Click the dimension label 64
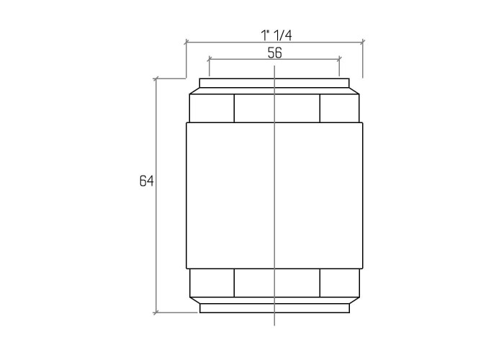coord(147,181)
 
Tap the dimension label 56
coord(275,53)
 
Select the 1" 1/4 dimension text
coord(276,35)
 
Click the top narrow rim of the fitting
coord(274,83)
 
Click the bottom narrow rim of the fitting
coord(274,308)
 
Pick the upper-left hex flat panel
coord(212,108)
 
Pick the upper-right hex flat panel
coord(340,108)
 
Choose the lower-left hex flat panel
coord(212,283)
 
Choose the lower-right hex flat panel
coord(340,283)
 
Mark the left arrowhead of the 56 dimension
coord(210,59)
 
